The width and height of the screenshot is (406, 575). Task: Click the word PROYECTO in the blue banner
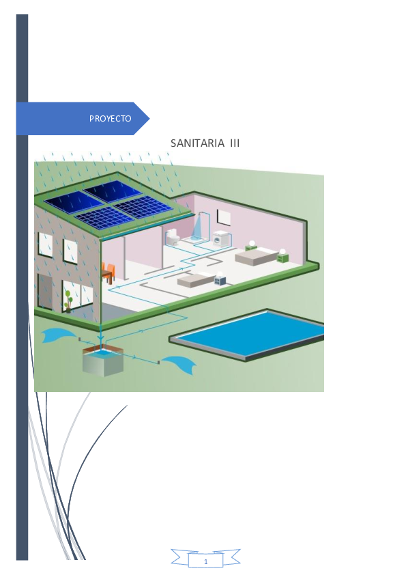tap(111, 118)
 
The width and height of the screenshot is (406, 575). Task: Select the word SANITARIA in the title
tap(197, 143)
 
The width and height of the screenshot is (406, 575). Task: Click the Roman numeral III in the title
tap(235, 143)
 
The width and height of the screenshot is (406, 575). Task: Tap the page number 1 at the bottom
tap(205, 561)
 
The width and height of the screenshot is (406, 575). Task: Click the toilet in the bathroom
tap(172, 237)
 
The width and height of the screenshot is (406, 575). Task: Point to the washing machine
tap(221, 238)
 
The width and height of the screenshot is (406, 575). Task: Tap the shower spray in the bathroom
tap(197, 227)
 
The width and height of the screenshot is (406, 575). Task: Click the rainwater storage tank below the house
tap(103, 361)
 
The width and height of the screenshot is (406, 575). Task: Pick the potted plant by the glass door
tap(68, 301)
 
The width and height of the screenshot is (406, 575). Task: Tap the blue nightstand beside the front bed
tap(220, 281)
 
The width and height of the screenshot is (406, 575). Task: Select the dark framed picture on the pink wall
tap(224, 216)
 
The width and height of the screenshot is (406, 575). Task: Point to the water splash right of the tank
tap(179, 364)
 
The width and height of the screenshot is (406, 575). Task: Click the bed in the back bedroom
tap(256, 255)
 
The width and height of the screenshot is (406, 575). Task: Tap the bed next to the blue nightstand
tap(196, 280)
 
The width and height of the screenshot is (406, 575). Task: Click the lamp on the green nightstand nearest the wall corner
tap(282, 251)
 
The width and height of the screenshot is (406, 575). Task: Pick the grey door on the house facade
tap(46, 292)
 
